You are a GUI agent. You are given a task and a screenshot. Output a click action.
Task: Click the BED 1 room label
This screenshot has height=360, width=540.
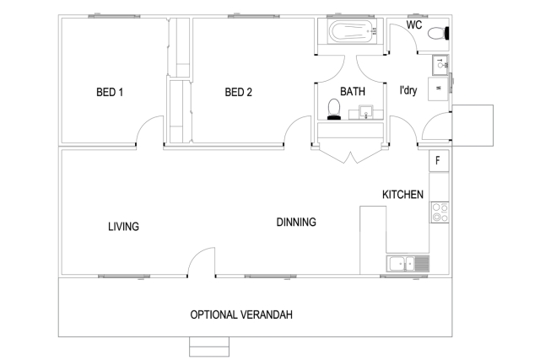pyautogui.click(x=110, y=92)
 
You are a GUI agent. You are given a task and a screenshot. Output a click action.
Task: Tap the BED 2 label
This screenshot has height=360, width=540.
pyautogui.click(x=239, y=92)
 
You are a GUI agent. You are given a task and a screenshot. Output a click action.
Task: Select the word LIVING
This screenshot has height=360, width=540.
pyautogui.click(x=123, y=227)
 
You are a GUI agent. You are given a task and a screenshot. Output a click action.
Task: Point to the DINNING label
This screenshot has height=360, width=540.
pyautogui.click(x=296, y=223)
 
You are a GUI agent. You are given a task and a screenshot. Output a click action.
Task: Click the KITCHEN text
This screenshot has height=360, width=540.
pyautogui.click(x=402, y=195)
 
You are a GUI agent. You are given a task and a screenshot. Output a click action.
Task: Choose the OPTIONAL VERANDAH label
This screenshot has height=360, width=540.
pyautogui.click(x=241, y=314)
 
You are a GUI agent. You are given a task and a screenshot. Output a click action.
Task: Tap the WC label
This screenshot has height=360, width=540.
pyautogui.click(x=414, y=25)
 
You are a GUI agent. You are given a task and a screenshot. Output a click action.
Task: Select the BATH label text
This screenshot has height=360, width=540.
pyautogui.click(x=352, y=91)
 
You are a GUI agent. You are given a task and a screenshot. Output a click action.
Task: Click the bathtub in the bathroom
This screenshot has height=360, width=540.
pyautogui.click(x=352, y=35)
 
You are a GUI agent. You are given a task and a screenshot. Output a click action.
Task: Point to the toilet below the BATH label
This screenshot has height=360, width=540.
pyautogui.click(x=334, y=110)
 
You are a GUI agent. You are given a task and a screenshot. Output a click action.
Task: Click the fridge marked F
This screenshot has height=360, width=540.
pyautogui.click(x=439, y=160)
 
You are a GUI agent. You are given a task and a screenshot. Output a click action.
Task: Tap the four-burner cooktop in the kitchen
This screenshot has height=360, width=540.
pyautogui.click(x=440, y=212)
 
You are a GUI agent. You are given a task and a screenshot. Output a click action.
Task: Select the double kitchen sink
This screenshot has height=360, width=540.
pyautogui.click(x=408, y=264)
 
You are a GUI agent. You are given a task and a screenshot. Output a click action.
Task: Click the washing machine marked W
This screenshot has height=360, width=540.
pyautogui.click(x=439, y=87)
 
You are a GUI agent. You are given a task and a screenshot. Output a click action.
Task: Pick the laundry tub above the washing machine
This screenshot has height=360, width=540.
pyautogui.click(x=440, y=63)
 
